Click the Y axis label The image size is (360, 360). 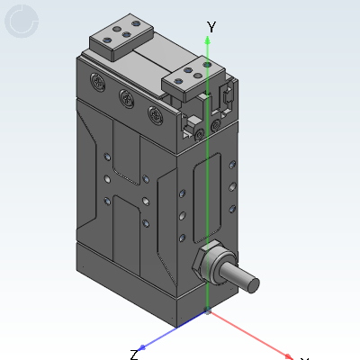click(x=211, y=27)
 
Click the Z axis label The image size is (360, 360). click(x=134, y=355)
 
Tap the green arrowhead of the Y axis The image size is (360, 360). click(x=207, y=40)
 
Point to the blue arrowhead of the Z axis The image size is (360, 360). click(x=142, y=347)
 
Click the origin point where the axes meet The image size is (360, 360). click(x=207, y=310)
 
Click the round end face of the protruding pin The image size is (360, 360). click(x=253, y=285)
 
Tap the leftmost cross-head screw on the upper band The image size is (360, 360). click(x=98, y=81)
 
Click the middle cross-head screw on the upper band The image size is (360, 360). click(x=126, y=97)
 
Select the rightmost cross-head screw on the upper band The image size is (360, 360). click(x=156, y=114)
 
